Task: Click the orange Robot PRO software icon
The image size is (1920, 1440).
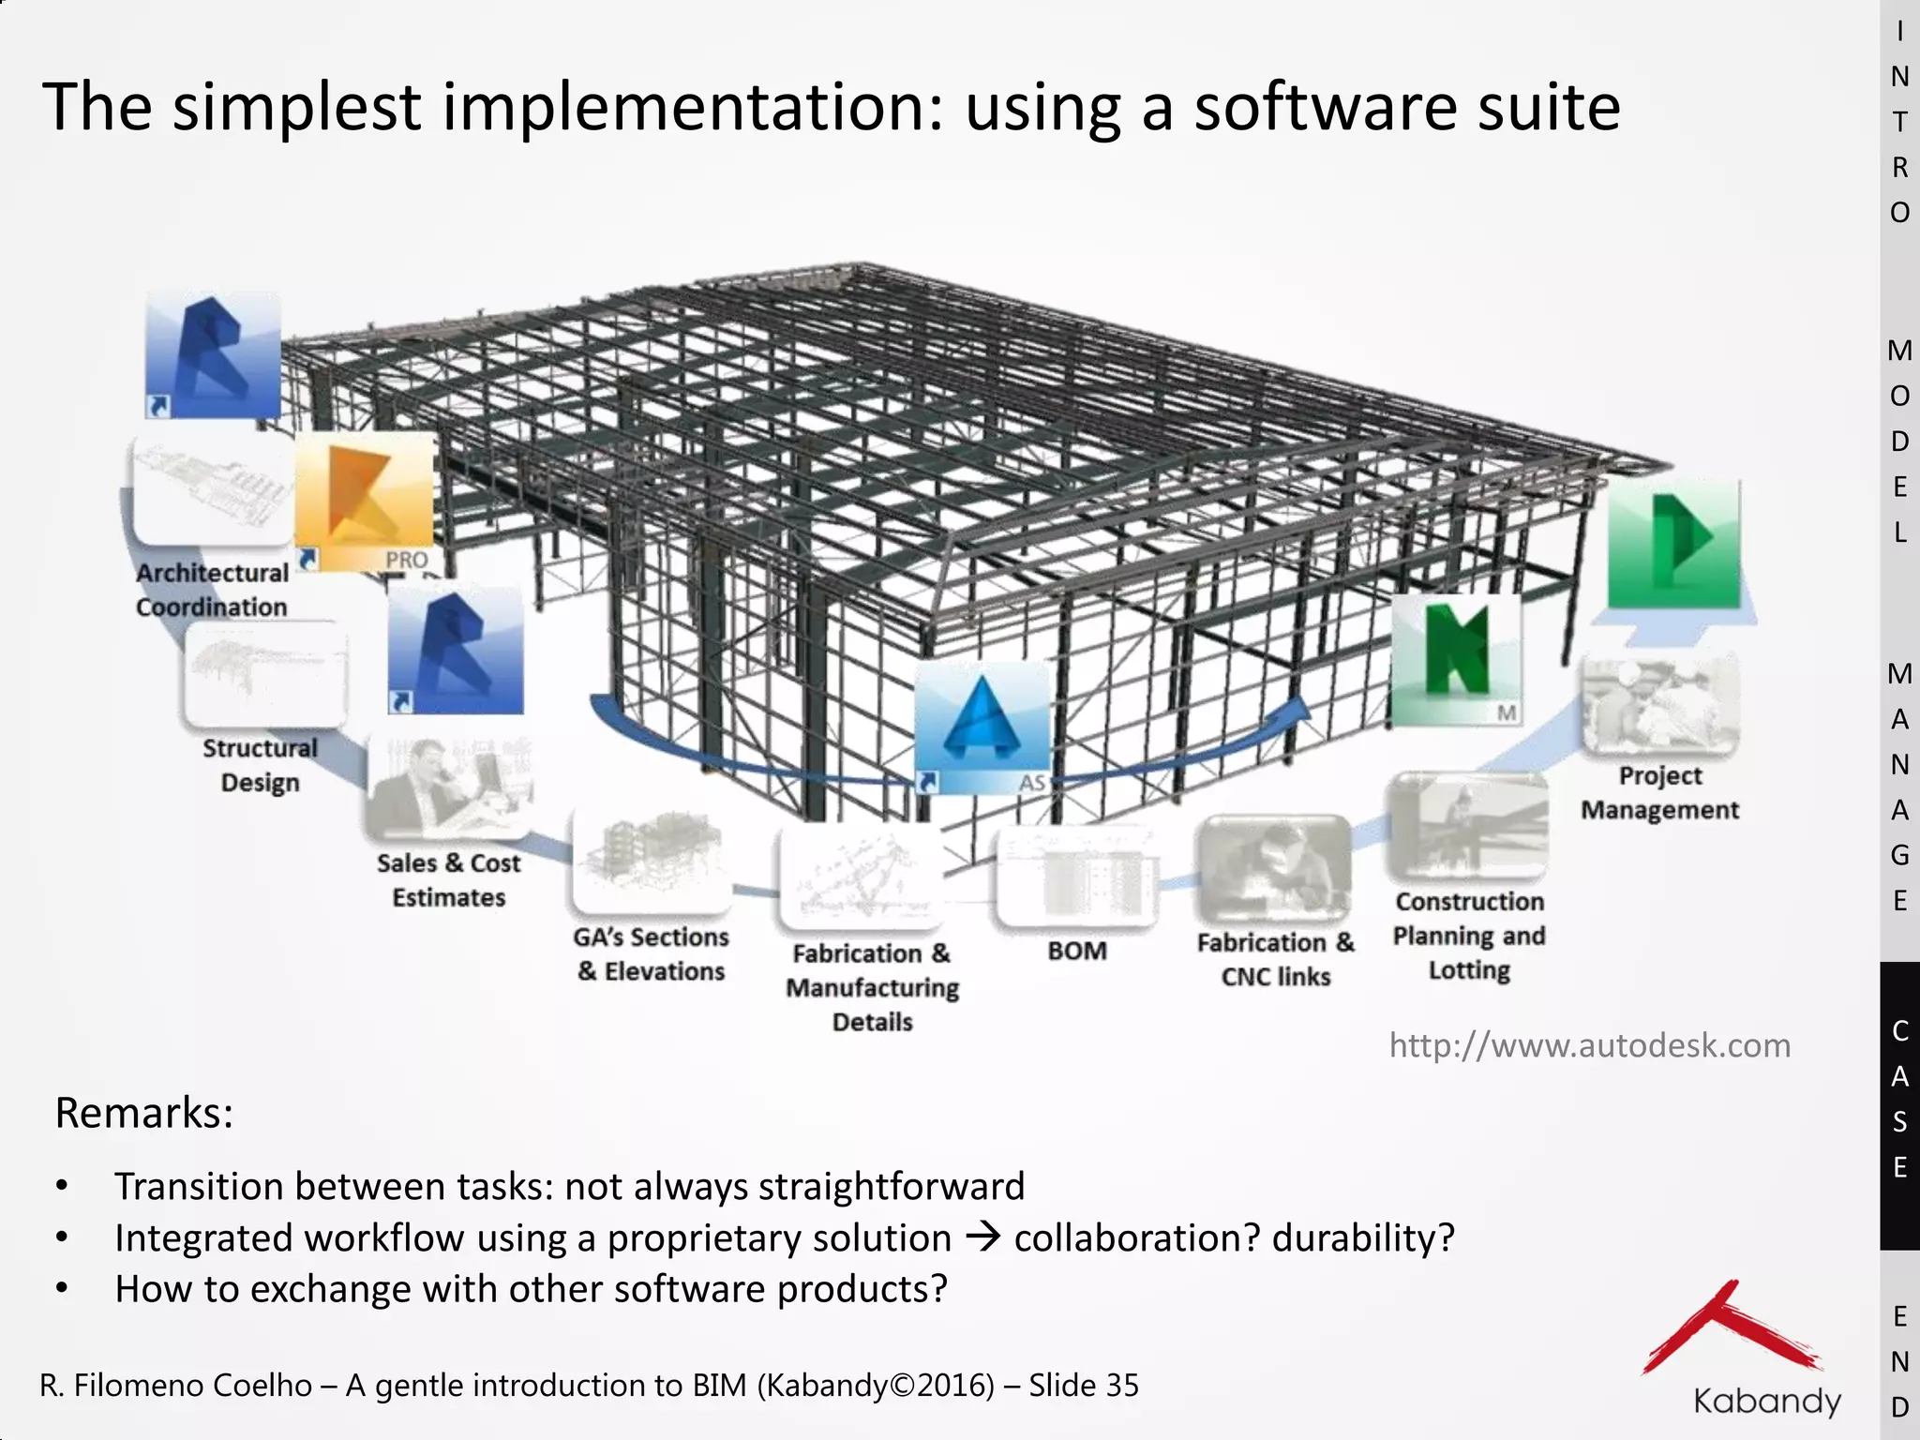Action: click(364, 502)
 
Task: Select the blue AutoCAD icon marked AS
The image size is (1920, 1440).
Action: click(982, 728)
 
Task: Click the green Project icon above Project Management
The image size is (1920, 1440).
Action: click(1674, 546)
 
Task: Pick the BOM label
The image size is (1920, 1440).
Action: click(1077, 951)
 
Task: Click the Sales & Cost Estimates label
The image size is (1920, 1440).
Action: click(448, 880)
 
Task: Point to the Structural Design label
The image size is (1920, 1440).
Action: click(260, 765)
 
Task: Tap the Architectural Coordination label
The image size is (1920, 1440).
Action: click(212, 590)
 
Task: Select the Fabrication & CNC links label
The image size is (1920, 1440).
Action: click(1276, 959)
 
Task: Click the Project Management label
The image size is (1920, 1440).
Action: click(1659, 792)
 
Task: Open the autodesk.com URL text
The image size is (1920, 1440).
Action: click(1589, 1045)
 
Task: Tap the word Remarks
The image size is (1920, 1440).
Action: click(143, 1113)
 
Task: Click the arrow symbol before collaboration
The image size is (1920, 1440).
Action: click(982, 1237)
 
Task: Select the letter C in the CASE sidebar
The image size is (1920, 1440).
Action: click(1900, 1031)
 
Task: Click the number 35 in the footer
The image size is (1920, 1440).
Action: click(1122, 1386)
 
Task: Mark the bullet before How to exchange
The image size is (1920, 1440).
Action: click(62, 1289)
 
